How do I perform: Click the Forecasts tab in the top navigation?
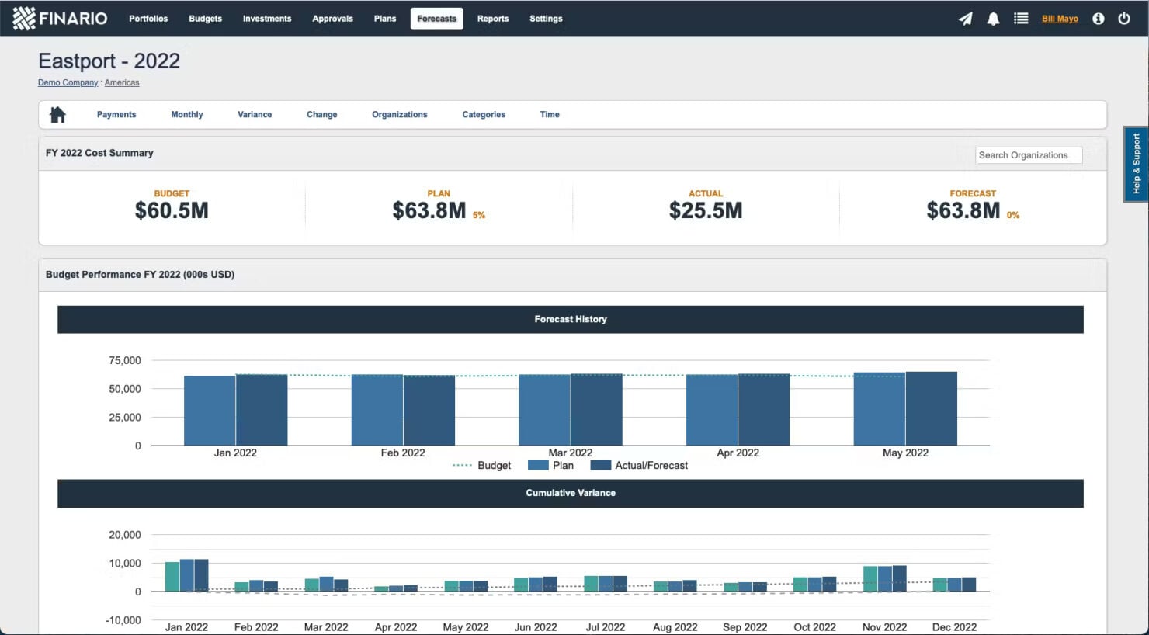[436, 19]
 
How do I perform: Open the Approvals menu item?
[332, 19]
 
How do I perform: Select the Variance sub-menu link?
[255, 114]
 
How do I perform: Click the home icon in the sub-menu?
[57, 115]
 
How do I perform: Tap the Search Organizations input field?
[1028, 155]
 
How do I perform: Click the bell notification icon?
[993, 19]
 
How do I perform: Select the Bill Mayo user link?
[1060, 19]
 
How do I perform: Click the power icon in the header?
[1123, 19]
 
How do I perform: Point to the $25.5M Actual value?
[705, 210]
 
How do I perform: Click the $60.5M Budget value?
[172, 210]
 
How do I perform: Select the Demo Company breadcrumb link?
[68, 82]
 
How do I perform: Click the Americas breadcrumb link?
[122, 82]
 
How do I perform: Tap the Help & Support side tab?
[1136, 164]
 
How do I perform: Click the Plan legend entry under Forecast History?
[550, 465]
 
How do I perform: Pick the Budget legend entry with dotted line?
[482, 465]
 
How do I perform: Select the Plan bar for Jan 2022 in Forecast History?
[210, 411]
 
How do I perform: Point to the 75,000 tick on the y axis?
[125, 360]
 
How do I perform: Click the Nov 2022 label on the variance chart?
[884, 626]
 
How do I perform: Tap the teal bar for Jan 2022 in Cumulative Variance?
[172, 577]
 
